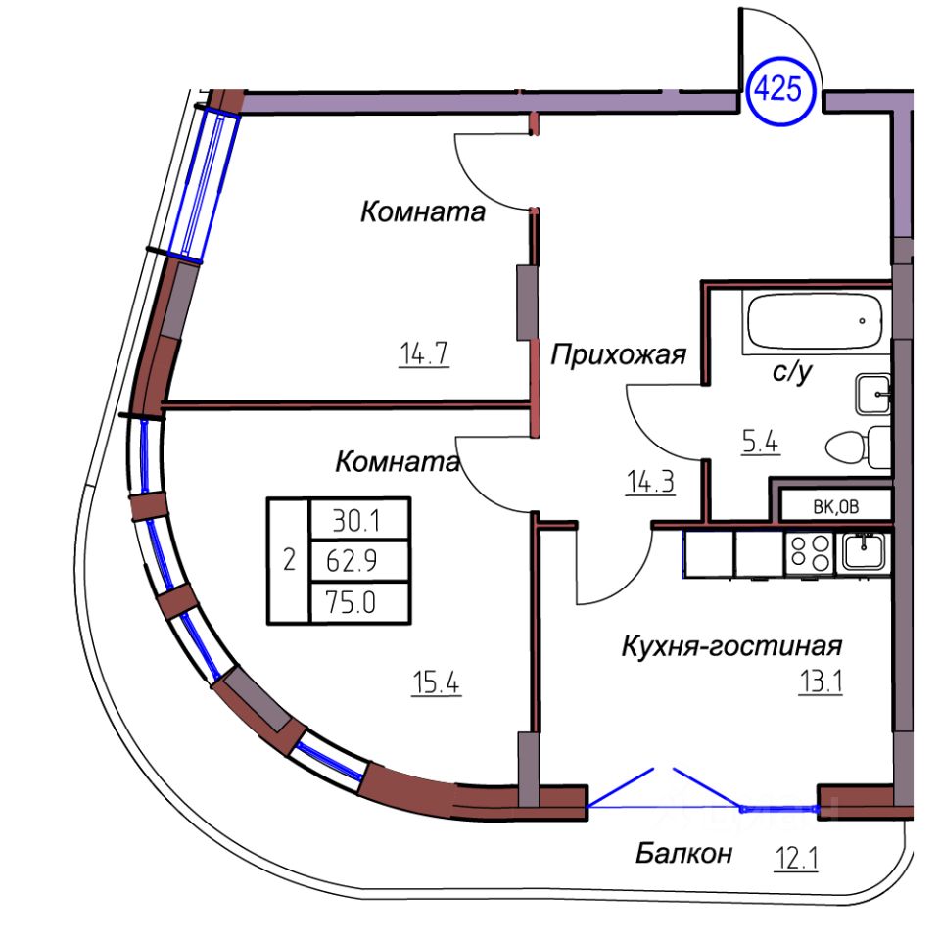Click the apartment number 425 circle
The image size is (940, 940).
781,91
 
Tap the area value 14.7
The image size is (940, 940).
423,352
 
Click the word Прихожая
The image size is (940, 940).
617,354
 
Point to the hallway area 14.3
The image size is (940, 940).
651,482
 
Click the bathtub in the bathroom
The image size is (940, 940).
815,323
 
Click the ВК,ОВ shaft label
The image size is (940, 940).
835,506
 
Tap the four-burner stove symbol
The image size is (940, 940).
809,552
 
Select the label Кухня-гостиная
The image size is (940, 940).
732,646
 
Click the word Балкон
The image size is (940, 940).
683,854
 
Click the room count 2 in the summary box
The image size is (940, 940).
288,560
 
